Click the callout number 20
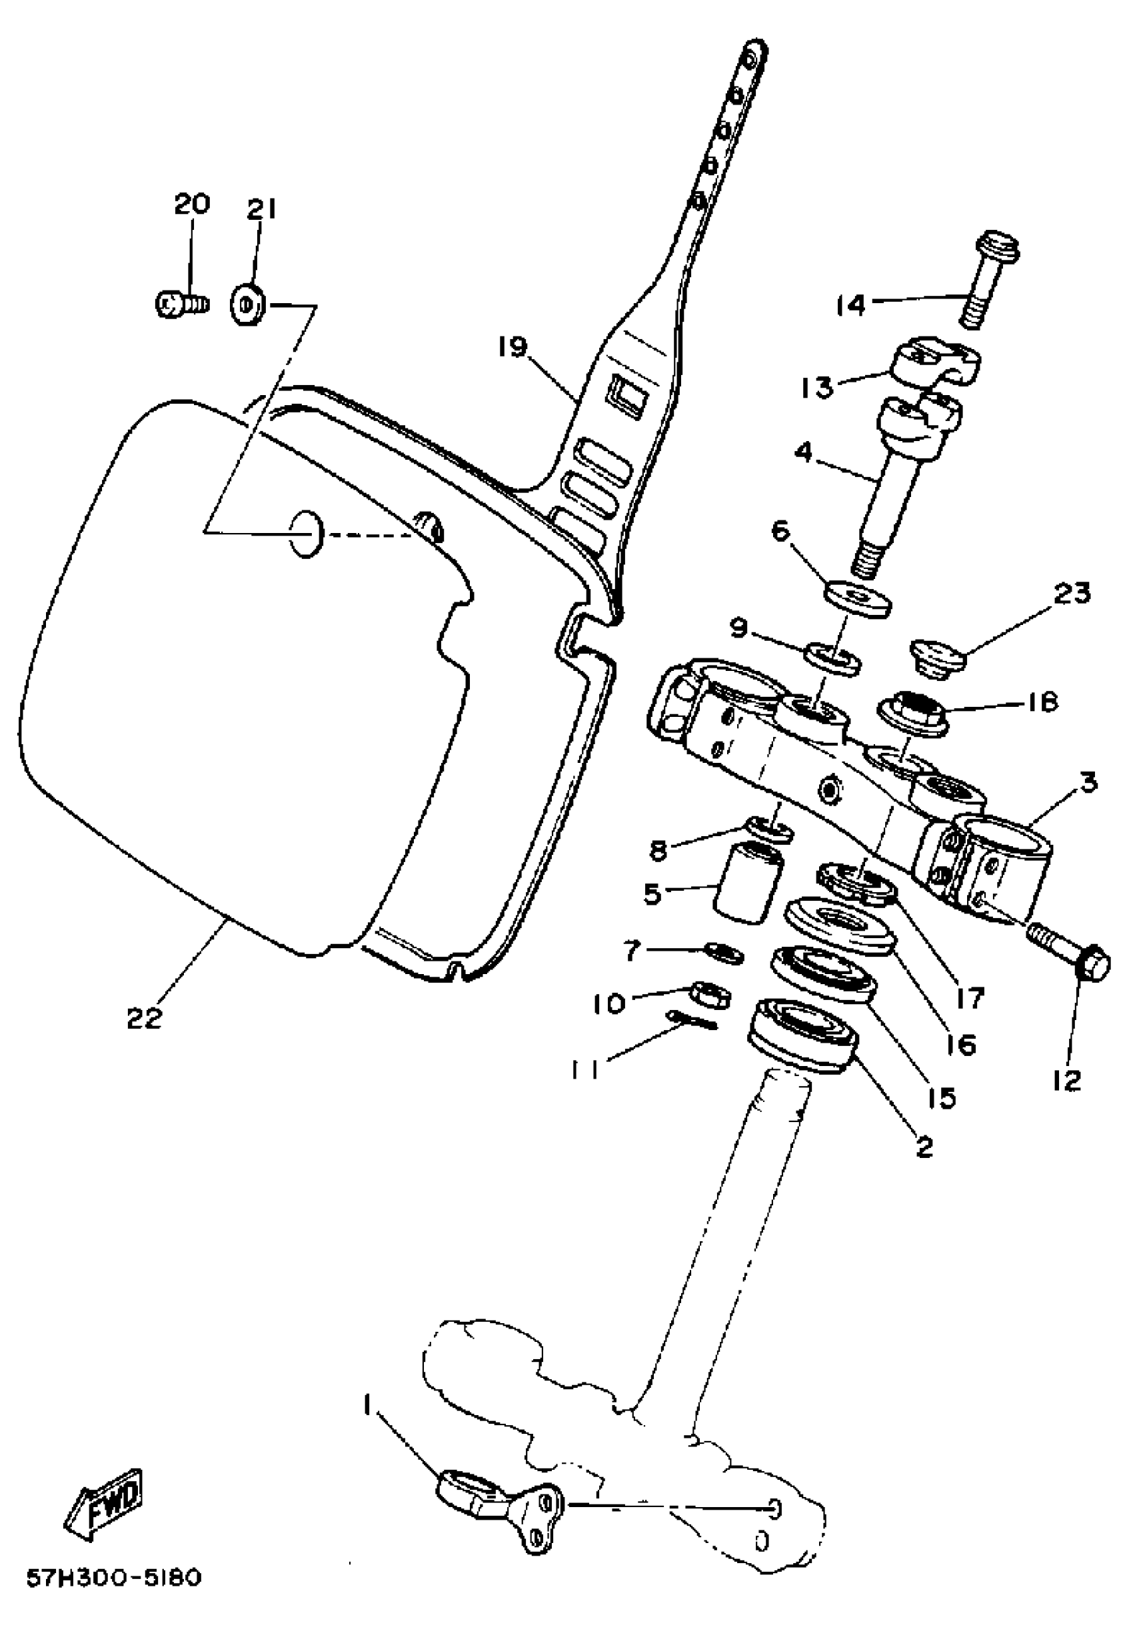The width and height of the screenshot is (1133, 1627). click(192, 205)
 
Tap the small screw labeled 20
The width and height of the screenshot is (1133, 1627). click(179, 305)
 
